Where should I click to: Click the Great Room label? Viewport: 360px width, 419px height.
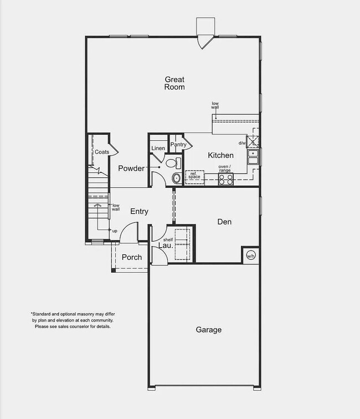coord(174,83)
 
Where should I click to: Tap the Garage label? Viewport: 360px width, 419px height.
coord(208,330)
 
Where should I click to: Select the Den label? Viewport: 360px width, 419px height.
coord(224,222)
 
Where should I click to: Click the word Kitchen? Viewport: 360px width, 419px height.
coord(220,156)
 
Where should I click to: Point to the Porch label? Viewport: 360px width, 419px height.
coord(132,257)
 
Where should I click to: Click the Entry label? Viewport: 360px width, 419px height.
coord(139,211)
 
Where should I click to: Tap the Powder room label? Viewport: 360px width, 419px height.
coord(131,168)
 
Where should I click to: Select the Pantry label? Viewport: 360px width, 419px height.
coord(178,145)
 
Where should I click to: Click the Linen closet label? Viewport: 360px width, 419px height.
coord(158,149)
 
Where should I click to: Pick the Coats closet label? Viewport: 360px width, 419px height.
coord(101,151)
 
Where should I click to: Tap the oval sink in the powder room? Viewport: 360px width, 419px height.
coord(176,178)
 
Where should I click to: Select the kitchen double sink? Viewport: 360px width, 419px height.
coord(253,157)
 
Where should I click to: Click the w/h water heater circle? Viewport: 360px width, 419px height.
coord(250,256)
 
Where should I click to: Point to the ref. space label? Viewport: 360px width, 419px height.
coord(194,175)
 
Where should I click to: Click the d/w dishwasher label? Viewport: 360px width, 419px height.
coord(241,143)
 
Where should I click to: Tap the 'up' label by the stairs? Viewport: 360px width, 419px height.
coord(115,231)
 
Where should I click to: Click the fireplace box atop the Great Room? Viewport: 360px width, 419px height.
coord(205,26)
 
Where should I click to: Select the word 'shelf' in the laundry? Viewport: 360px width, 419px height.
coord(168,239)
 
